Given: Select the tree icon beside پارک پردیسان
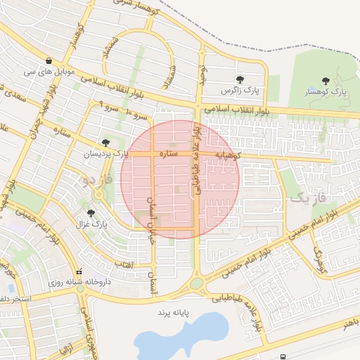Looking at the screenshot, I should pos(106,143).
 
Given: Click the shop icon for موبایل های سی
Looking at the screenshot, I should pos(48,61).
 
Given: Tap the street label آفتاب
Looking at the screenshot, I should pos(125,264).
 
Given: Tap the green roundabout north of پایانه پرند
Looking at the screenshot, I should pos(196,283).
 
